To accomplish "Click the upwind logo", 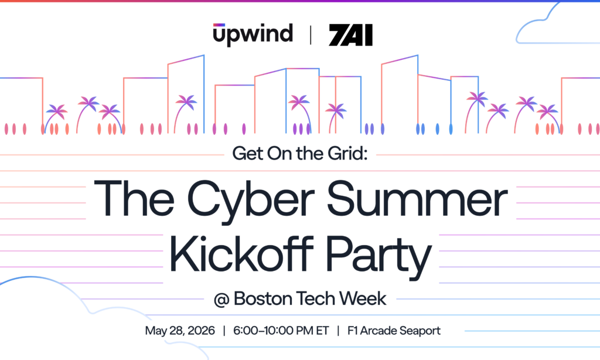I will click(x=253, y=34).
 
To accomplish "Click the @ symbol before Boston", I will click(x=220, y=298).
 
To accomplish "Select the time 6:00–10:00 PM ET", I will click(x=280, y=331).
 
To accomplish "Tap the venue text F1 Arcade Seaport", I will click(x=394, y=331).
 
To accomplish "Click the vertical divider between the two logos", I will click(x=310, y=35).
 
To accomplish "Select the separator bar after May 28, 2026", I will click(x=223, y=331).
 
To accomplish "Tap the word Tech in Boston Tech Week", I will click(x=315, y=298).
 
